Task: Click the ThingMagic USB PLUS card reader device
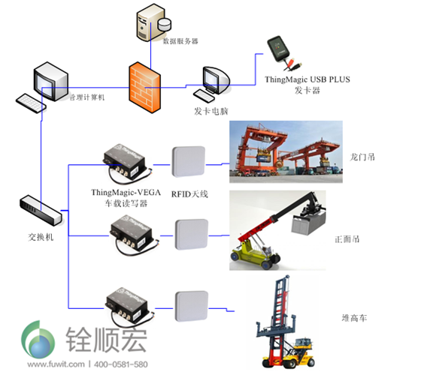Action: (x=284, y=52)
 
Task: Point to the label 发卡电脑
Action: (x=210, y=111)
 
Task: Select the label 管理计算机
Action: (x=86, y=97)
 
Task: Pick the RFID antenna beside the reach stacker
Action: (x=191, y=234)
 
